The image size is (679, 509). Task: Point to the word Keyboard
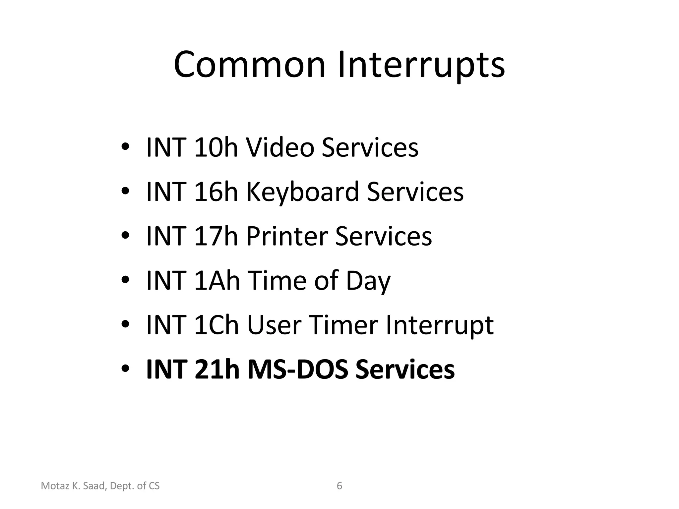(302, 192)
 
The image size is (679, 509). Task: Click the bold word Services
(405, 369)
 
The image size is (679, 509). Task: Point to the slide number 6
(339, 486)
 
